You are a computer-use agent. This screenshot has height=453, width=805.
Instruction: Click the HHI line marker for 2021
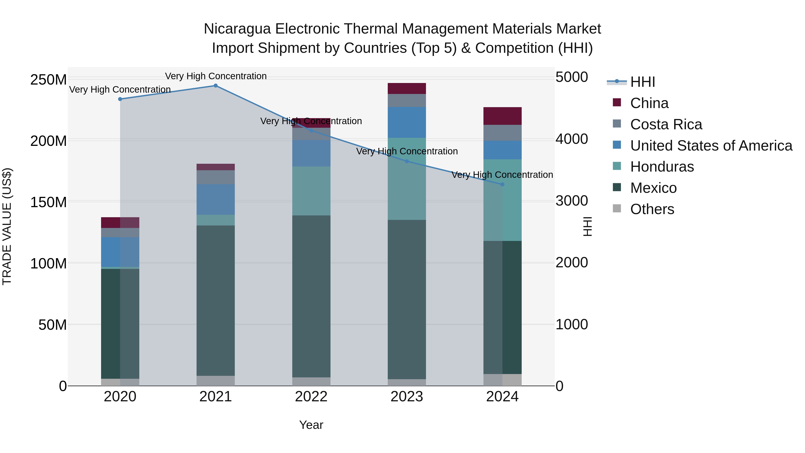[x=216, y=86]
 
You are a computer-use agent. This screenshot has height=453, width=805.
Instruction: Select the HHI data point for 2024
[x=502, y=185]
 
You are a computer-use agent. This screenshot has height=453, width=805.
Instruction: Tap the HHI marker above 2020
[x=120, y=99]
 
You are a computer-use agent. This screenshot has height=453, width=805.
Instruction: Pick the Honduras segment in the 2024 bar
[x=502, y=200]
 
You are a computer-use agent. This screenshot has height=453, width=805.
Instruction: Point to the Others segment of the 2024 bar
[x=502, y=380]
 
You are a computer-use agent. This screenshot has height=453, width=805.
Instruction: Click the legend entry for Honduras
[x=662, y=167]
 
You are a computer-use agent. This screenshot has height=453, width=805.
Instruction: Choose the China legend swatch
[x=617, y=102]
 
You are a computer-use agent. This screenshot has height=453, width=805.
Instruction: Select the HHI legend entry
[x=642, y=82]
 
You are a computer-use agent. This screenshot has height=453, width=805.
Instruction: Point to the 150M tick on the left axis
[x=49, y=202]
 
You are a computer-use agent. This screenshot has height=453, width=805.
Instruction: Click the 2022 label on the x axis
[x=311, y=397]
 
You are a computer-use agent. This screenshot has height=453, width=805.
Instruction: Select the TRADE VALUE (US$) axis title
[x=7, y=226]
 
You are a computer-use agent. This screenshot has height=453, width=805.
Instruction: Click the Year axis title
[x=311, y=425]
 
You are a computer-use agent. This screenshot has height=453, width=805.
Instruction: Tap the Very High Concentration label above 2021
[x=216, y=76]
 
